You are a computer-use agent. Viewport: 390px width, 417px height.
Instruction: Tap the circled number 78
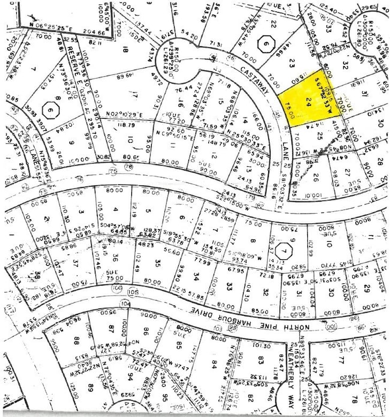128,165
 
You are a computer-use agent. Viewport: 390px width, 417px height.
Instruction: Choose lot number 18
127,52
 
